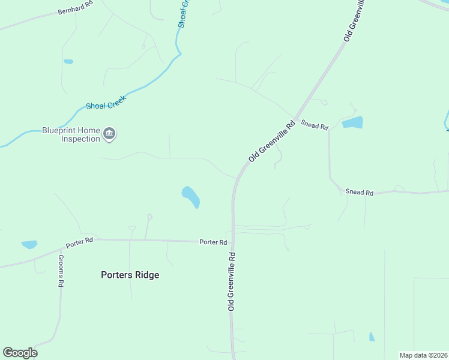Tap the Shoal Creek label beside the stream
[104, 106]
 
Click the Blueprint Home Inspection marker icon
[109, 134]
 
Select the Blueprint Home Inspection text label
[71, 134]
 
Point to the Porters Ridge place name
[130, 275]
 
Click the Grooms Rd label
[61, 271]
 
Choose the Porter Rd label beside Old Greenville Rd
[213, 242]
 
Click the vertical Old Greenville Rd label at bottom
[231, 281]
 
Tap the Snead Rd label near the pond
[315, 126]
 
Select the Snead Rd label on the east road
[360, 193]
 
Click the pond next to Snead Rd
[352, 123]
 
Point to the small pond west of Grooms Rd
[29, 244]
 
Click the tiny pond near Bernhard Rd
[68, 61]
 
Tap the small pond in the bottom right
[372, 337]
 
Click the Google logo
[20, 353]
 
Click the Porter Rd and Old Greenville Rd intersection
[232, 242]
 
